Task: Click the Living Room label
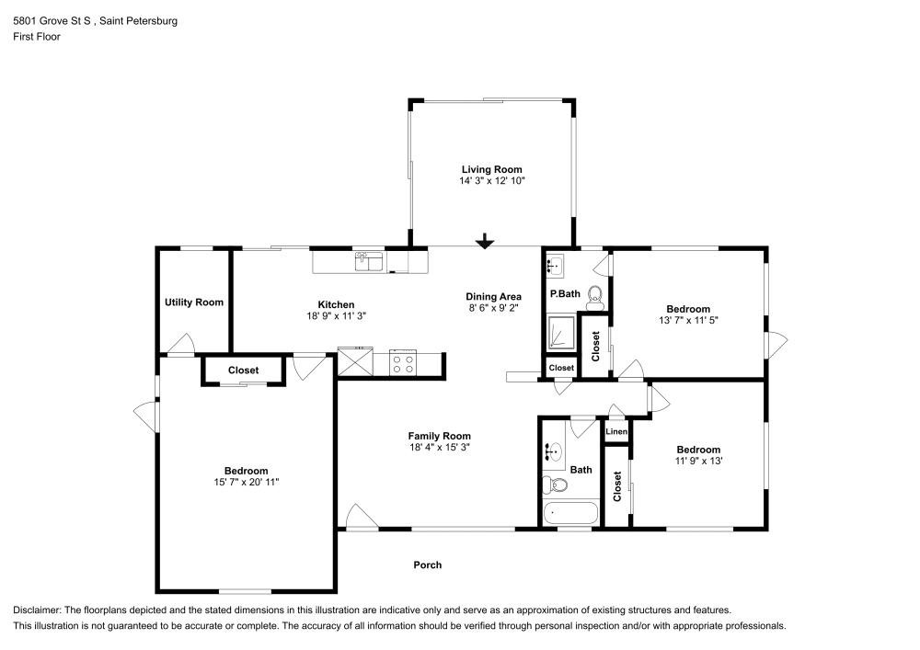pyautogui.click(x=491, y=170)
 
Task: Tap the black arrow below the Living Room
pyautogui.click(x=485, y=241)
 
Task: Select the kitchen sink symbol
pyautogui.click(x=369, y=261)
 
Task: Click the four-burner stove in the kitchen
pyautogui.click(x=403, y=363)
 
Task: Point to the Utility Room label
pyautogui.click(x=193, y=302)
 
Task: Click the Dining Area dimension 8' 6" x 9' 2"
pyautogui.click(x=493, y=308)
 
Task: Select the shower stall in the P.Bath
pyautogui.click(x=561, y=333)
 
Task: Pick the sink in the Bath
pyautogui.click(x=552, y=452)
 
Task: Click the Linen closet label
pyautogui.click(x=616, y=432)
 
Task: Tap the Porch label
pyautogui.click(x=428, y=565)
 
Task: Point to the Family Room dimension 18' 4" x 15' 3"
pyautogui.click(x=440, y=447)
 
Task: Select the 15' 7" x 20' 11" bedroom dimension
pyautogui.click(x=247, y=483)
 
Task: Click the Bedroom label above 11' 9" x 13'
pyautogui.click(x=698, y=450)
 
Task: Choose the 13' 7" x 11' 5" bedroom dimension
pyautogui.click(x=688, y=321)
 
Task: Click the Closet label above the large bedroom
pyautogui.click(x=244, y=371)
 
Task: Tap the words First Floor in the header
pyautogui.click(x=37, y=37)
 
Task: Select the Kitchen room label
pyautogui.click(x=336, y=305)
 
